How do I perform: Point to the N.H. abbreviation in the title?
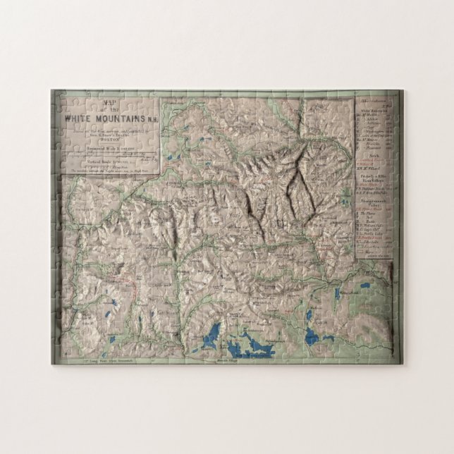point(152,119)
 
